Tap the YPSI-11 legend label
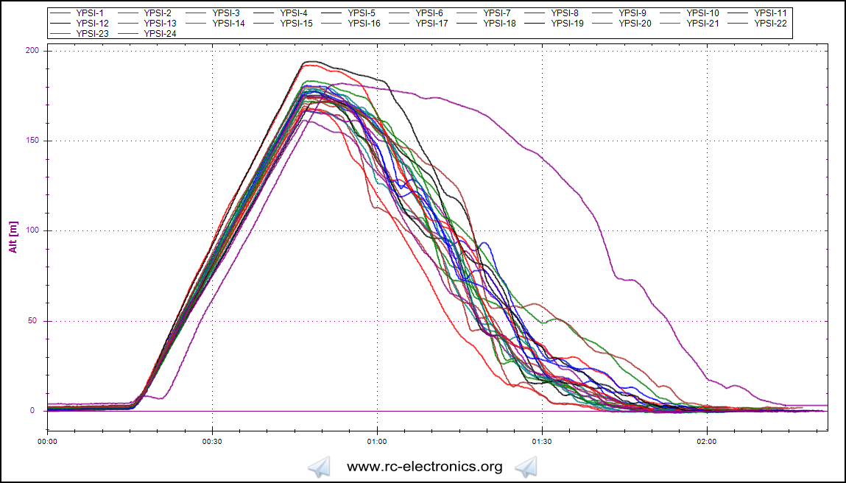point(770,13)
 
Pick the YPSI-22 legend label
point(770,24)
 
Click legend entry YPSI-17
point(431,24)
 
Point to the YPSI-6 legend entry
point(429,13)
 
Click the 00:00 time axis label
point(48,443)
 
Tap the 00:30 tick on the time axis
point(212,443)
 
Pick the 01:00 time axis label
point(377,443)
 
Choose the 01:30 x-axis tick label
point(542,443)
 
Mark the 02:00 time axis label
point(707,443)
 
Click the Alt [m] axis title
point(13,236)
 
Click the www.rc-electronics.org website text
point(424,466)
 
